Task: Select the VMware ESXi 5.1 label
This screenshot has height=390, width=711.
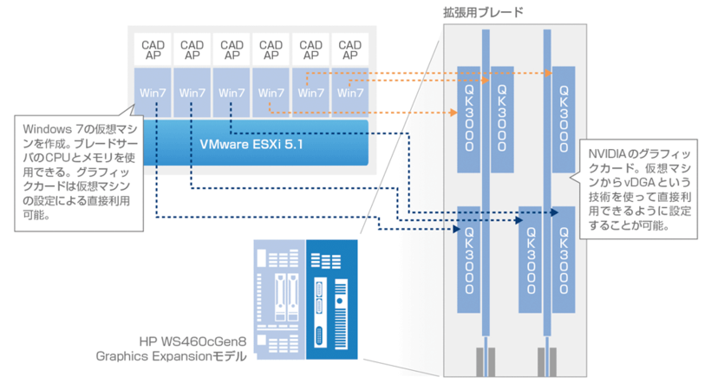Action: [x=251, y=143]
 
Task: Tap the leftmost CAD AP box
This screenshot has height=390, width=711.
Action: [x=153, y=49]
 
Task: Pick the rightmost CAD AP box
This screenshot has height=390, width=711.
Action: [x=349, y=49]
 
